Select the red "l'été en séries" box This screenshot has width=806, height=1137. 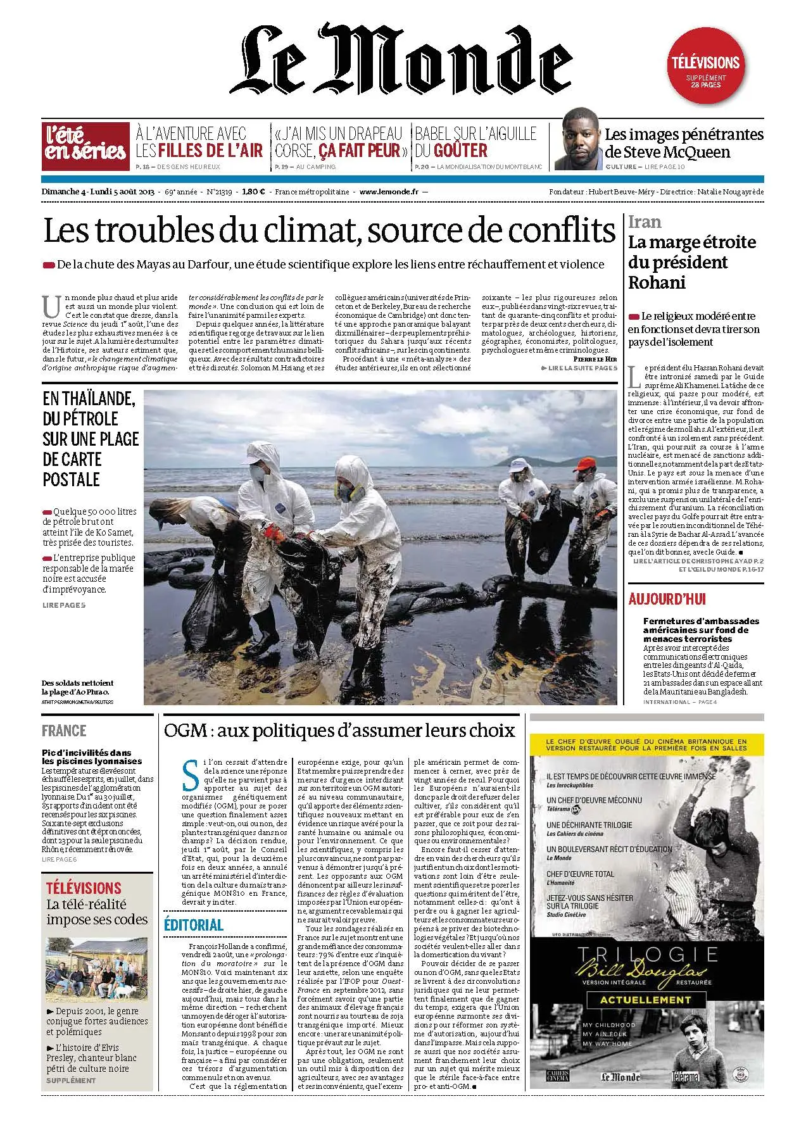coord(84,145)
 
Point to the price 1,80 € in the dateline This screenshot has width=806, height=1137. coord(253,192)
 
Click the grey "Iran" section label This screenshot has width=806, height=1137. coord(645,222)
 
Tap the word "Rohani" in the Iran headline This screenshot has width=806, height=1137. coord(657,282)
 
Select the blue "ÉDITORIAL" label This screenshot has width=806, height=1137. coord(193,924)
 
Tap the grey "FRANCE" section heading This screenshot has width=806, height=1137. coord(64,731)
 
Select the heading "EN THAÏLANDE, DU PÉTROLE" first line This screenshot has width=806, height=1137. coord(89,399)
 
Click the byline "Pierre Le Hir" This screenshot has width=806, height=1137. coord(594,359)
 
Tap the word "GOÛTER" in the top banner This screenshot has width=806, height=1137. coord(451,151)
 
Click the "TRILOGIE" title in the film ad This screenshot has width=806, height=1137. coord(646,953)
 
